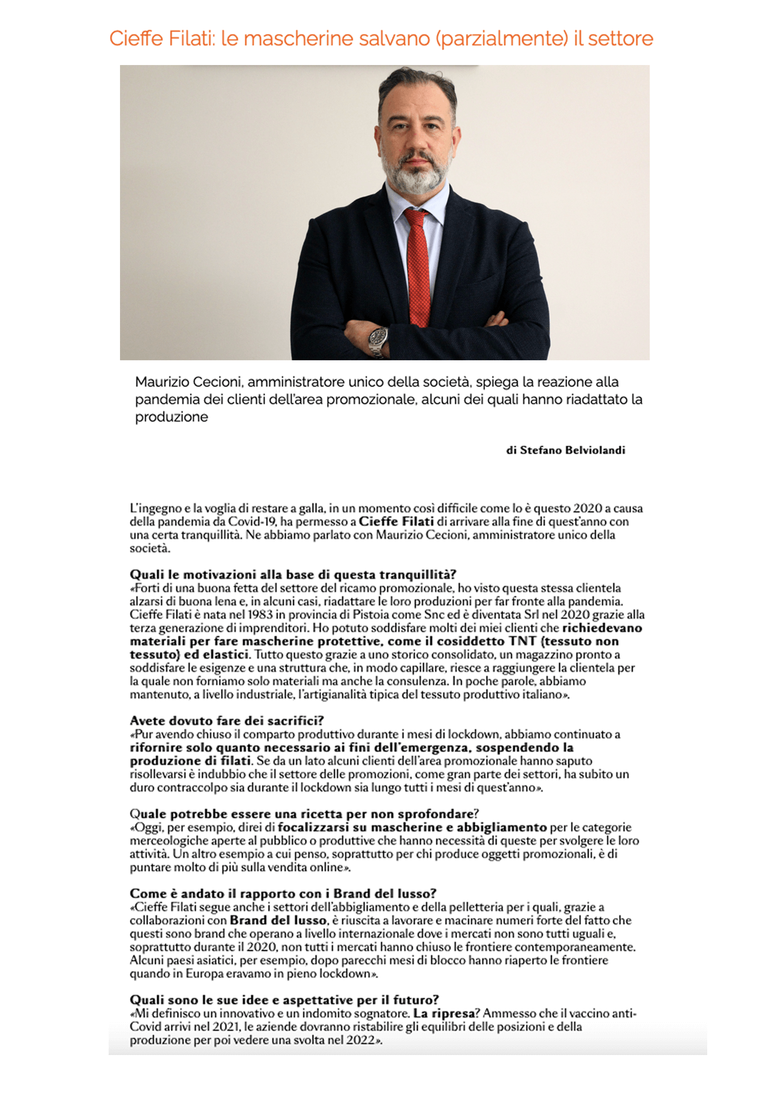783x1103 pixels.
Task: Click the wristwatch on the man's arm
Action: (378, 339)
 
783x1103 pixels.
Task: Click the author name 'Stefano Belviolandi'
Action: (573, 450)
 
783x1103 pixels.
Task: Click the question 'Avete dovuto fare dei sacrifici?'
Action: (227, 721)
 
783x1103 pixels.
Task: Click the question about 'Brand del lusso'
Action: (283, 894)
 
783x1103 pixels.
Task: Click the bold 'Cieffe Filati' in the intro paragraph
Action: (396, 522)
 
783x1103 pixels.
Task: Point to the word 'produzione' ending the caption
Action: (171, 417)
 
